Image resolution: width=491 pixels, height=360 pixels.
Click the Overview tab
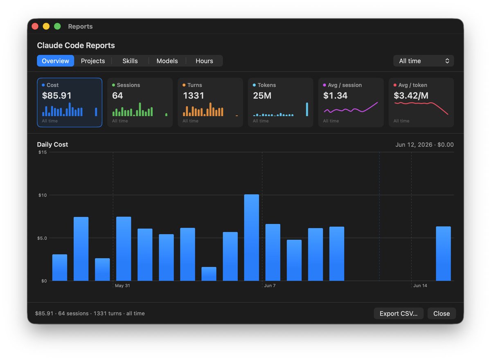[x=56, y=61]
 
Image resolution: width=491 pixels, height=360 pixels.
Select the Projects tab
[x=93, y=61]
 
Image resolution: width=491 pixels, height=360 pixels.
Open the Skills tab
[x=130, y=61]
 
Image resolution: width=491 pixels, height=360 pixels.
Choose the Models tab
[x=167, y=61]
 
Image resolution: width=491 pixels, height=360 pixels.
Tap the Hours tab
[x=204, y=61]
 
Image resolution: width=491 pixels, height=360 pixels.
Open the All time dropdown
[x=423, y=61]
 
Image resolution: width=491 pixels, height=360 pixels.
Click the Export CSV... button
[x=399, y=313]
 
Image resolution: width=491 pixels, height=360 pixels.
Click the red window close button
[x=35, y=26]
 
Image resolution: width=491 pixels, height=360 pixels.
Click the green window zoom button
[x=57, y=26]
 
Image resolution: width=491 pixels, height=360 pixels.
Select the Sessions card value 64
[x=117, y=96]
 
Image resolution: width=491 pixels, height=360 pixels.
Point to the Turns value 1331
[x=194, y=96]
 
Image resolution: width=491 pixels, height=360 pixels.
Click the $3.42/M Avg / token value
[x=411, y=96]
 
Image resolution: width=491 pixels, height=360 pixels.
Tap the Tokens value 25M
[x=262, y=96]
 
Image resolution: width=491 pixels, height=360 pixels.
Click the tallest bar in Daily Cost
[x=251, y=238]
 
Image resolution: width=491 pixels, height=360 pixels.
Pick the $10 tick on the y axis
[x=43, y=195]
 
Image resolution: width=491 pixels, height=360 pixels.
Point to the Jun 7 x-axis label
[x=270, y=286]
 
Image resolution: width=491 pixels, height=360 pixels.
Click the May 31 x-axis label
[x=122, y=286]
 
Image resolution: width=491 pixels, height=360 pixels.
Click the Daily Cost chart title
[x=52, y=144]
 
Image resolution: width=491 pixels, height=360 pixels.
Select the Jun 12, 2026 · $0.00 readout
[x=425, y=145]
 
